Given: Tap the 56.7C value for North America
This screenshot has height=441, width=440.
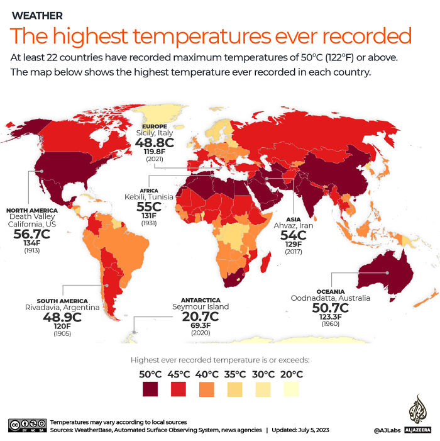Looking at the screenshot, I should [x=31, y=233].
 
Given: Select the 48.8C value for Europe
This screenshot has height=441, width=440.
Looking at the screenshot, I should [x=155, y=143].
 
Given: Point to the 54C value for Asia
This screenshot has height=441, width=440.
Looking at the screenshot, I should [x=292, y=235].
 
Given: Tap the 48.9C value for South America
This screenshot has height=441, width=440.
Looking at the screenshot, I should [x=62, y=317].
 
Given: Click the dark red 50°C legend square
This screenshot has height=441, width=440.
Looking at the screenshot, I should [x=150, y=389].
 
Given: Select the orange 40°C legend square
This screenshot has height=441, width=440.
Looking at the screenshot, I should [x=207, y=389].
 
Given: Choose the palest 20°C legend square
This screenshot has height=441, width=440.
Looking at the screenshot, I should [x=290, y=389].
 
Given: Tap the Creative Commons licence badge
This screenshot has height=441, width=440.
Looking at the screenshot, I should [x=27, y=425].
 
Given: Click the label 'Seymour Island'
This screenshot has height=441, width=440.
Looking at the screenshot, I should [x=201, y=306].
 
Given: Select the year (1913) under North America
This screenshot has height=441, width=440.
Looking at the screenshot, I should [x=31, y=250].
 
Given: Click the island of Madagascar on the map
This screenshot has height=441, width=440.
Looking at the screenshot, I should [x=265, y=260].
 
